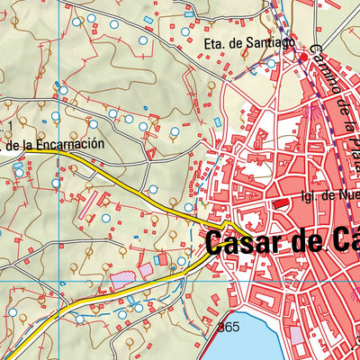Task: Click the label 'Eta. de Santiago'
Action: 249,42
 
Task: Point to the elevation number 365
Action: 229,328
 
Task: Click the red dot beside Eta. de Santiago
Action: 303,58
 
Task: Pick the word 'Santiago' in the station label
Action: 268,42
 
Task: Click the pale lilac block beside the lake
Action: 296,337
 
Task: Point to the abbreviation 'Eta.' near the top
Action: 217,42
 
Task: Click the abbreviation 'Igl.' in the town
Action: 309,193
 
